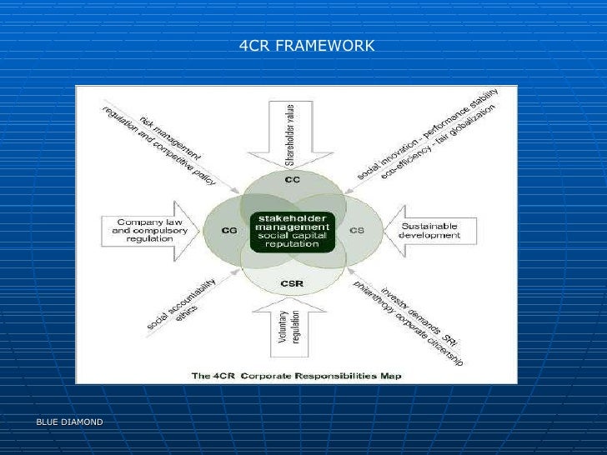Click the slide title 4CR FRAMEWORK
[x=307, y=46]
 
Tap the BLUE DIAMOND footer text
[x=69, y=422]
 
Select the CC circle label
[x=292, y=180]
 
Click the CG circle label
[x=230, y=229]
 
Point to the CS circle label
[x=356, y=229]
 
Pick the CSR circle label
[x=292, y=284]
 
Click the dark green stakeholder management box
[x=293, y=231]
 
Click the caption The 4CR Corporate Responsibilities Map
[x=297, y=376]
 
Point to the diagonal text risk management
[x=170, y=137]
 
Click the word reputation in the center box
[x=292, y=245]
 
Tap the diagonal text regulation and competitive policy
[x=158, y=146]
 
